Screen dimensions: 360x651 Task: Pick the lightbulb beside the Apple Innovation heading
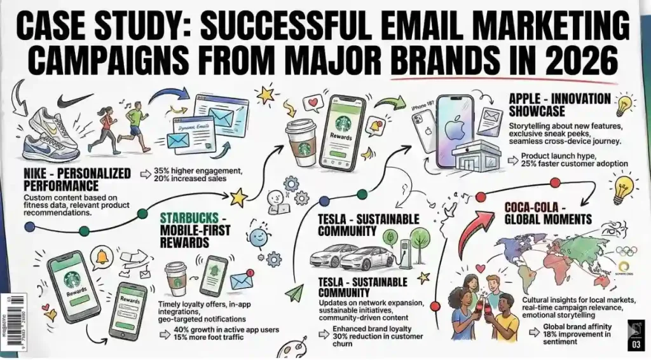tap(626, 104)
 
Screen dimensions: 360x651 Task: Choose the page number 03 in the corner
tap(637, 346)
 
